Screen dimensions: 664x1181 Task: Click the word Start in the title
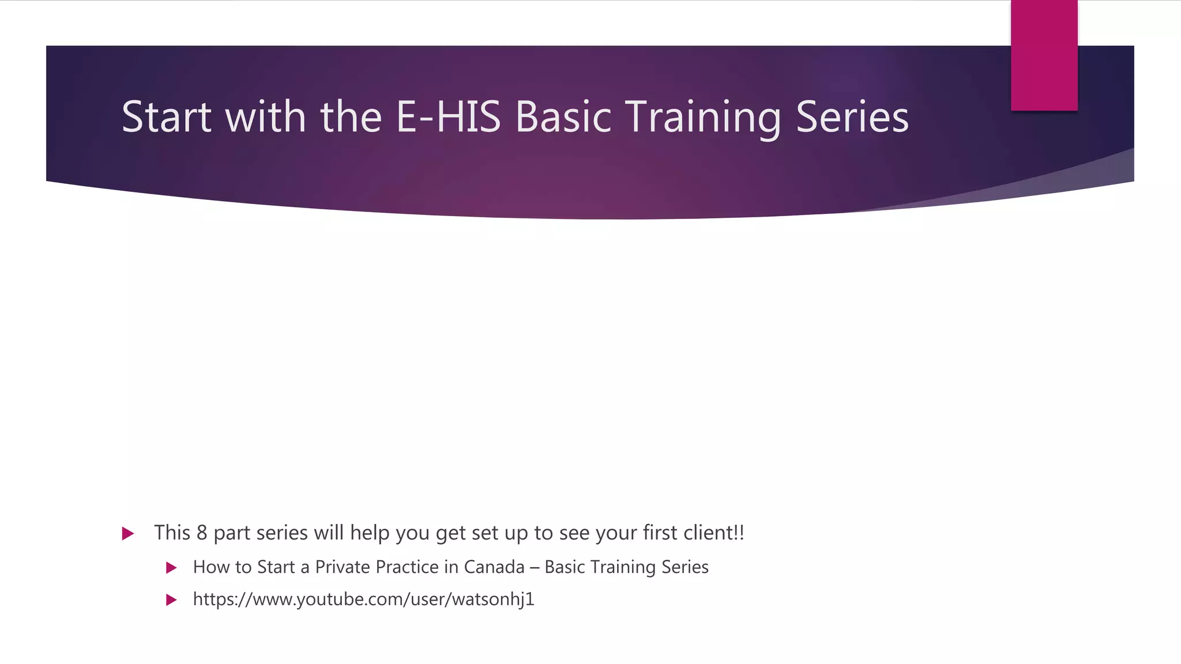click(x=166, y=117)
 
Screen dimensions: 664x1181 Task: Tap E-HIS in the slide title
click(x=448, y=117)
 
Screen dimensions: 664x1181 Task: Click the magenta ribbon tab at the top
click(x=1044, y=55)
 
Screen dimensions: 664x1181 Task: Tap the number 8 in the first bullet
click(x=201, y=533)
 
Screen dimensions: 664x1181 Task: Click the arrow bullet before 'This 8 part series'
click(x=128, y=534)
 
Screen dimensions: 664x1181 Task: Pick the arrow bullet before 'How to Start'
click(x=171, y=568)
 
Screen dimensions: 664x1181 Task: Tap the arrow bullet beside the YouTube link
click(x=171, y=600)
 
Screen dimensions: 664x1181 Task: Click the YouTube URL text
click(x=363, y=599)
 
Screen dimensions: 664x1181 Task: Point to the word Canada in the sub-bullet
click(x=494, y=567)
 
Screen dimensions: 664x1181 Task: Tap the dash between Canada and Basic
click(x=535, y=568)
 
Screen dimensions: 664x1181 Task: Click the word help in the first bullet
click(x=370, y=533)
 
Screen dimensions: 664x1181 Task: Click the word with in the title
click(x=265, y=117)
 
